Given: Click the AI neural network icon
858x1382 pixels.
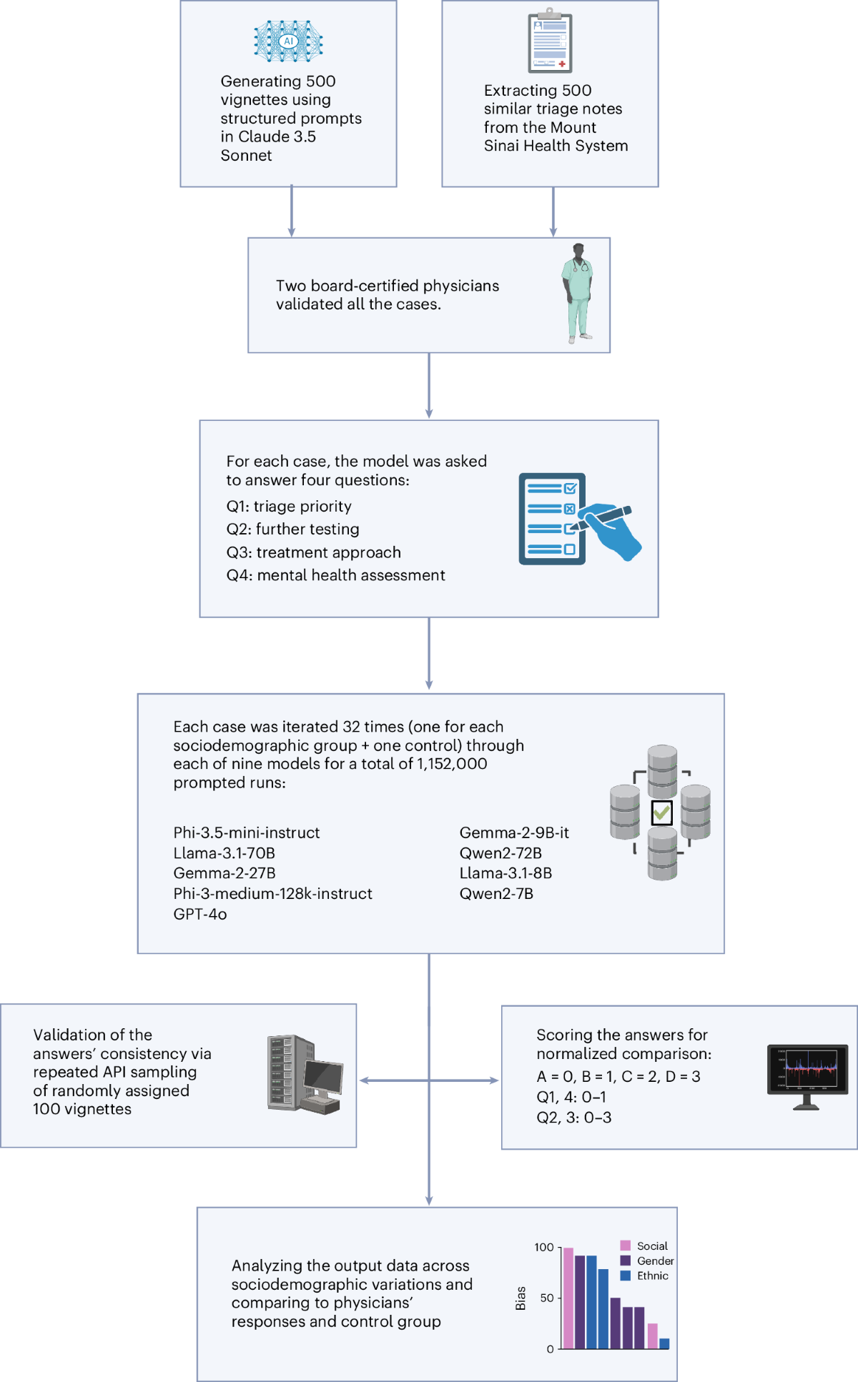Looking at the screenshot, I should [288, 41].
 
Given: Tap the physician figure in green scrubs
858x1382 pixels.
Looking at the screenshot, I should [578, 294].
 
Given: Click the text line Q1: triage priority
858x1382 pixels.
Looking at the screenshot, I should [289, 507].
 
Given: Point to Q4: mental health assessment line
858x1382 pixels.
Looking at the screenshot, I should [335, 575].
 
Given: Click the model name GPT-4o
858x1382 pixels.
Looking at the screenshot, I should [199, 914].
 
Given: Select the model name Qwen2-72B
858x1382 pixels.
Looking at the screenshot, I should [500, 853].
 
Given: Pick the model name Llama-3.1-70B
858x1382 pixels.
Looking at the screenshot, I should [224, 853].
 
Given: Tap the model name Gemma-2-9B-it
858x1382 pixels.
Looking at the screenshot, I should [514, 832].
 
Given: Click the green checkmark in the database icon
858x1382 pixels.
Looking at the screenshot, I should [662, 812].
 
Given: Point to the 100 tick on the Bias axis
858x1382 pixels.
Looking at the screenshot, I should [544, 1248].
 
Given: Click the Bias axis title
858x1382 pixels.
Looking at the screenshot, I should [521, 1298].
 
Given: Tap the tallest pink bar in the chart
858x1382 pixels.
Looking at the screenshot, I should [568, 1298].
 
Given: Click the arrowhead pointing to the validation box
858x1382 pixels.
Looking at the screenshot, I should [363, 1080].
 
